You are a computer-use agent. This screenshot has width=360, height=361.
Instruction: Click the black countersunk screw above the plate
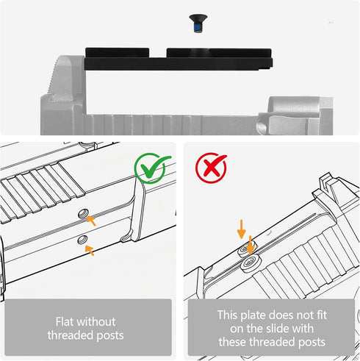tap(198, 24)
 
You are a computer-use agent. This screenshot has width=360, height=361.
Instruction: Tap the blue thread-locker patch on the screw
tap(197, 29)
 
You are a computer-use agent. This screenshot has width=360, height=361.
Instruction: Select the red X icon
tap(211, 168)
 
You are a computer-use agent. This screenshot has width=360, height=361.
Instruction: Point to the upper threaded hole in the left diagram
tap(83, 213)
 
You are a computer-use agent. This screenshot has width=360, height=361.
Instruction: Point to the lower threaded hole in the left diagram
tap(82, 240)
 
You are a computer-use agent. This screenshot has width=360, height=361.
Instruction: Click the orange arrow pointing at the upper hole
tap(91, 221)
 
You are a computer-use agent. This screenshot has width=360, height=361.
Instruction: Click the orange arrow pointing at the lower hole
tap(90, 251)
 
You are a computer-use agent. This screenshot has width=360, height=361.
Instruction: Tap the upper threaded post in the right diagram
tap(245, 249)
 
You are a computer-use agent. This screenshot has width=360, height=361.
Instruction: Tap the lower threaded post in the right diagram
tap(250, 263)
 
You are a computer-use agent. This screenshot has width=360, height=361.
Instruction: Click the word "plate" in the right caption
tap(253, 315)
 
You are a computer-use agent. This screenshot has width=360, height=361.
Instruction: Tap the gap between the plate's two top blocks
tap(158, 53)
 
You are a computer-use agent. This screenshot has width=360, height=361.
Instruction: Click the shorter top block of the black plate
tap(118, 53)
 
